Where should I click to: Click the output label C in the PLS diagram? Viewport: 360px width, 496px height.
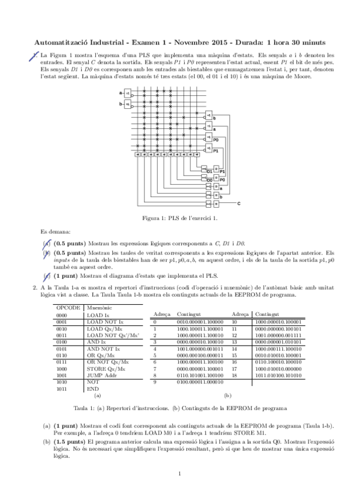coord(239,204)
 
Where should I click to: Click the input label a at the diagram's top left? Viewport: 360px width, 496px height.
coord(121,92)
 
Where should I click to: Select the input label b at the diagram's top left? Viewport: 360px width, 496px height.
coord(121,104)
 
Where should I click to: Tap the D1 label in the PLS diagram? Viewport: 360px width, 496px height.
coord(210,171)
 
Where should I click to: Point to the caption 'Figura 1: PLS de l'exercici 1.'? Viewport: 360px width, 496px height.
coord(180,218)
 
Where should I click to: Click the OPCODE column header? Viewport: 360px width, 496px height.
coord(65,306)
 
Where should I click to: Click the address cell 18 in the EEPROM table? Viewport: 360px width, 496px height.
coord(235,376)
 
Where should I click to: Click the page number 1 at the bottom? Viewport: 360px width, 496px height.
coord(180,473)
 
